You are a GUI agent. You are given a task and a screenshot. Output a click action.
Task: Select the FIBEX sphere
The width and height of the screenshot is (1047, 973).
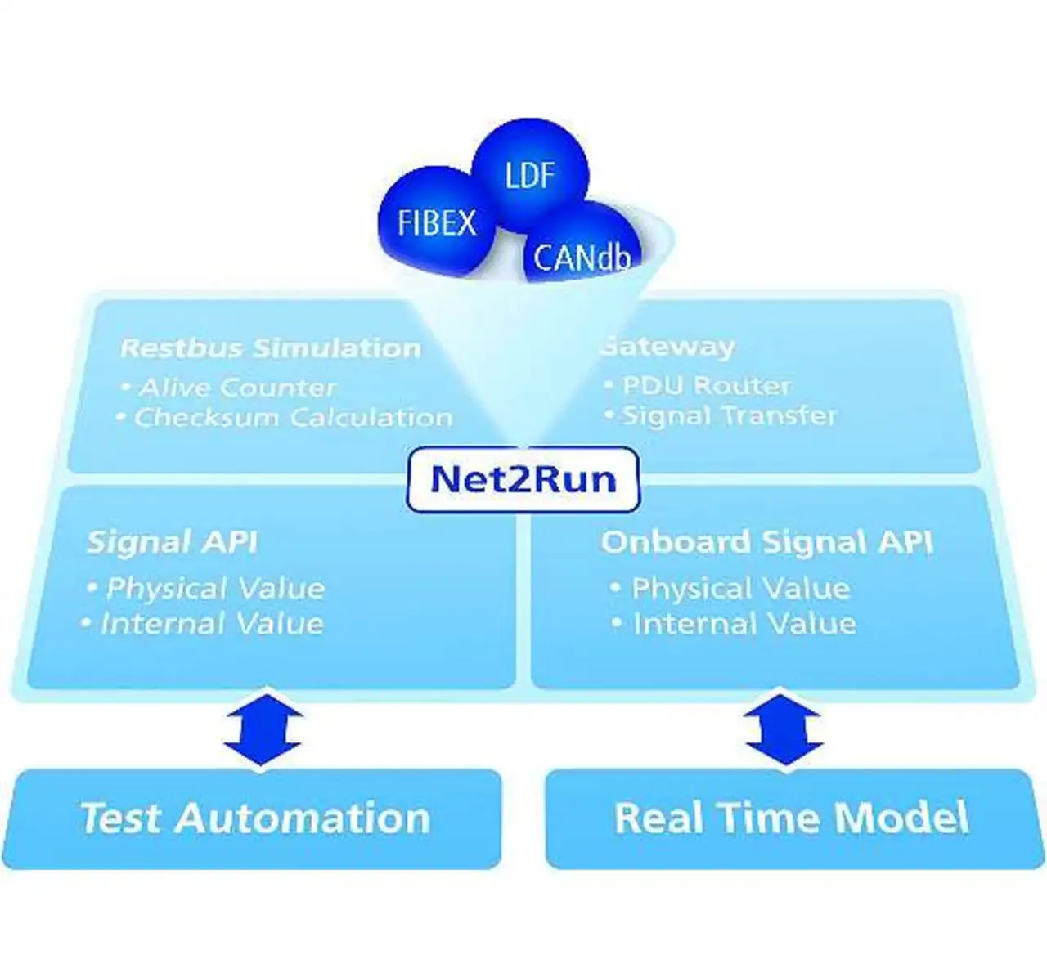[437, 222]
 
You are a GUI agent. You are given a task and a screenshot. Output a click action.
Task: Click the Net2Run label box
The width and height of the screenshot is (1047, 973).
[523, 480]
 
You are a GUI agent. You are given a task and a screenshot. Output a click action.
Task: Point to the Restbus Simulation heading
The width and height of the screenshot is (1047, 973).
[271, 348]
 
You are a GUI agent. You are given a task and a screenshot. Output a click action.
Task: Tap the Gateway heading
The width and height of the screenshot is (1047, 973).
[668, 347]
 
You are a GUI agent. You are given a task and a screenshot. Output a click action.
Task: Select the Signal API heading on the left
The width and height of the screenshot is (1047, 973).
[172, 542]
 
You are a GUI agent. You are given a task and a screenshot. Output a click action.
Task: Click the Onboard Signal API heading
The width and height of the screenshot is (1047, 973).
[767, 542]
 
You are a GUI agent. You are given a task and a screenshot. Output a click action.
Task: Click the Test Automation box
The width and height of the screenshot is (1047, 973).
[251, 818]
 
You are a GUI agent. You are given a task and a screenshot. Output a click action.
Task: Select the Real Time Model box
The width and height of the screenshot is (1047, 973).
[795, 818]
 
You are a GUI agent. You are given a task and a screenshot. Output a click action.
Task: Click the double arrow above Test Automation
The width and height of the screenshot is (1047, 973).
[263, 730]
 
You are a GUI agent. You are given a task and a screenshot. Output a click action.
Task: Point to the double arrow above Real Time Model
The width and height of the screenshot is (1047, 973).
[785, 730]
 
